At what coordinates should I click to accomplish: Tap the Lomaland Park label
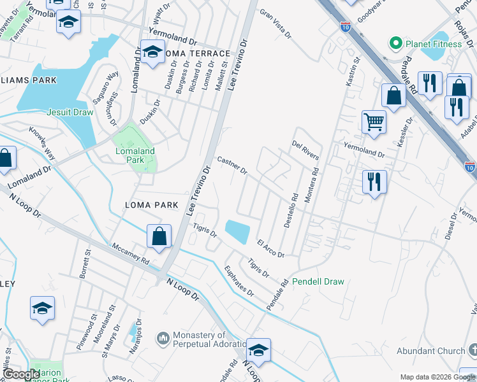point(135,157)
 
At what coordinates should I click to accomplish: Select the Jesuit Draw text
point(70,112)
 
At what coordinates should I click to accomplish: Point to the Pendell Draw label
point(318,281)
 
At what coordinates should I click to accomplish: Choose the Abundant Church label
point(430,351)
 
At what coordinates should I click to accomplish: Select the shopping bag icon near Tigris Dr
point(159,236)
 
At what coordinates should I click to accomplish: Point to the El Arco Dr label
point(270,248)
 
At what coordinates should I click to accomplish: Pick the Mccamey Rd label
point(130,254)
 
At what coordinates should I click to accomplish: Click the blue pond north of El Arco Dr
point(238,231)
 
